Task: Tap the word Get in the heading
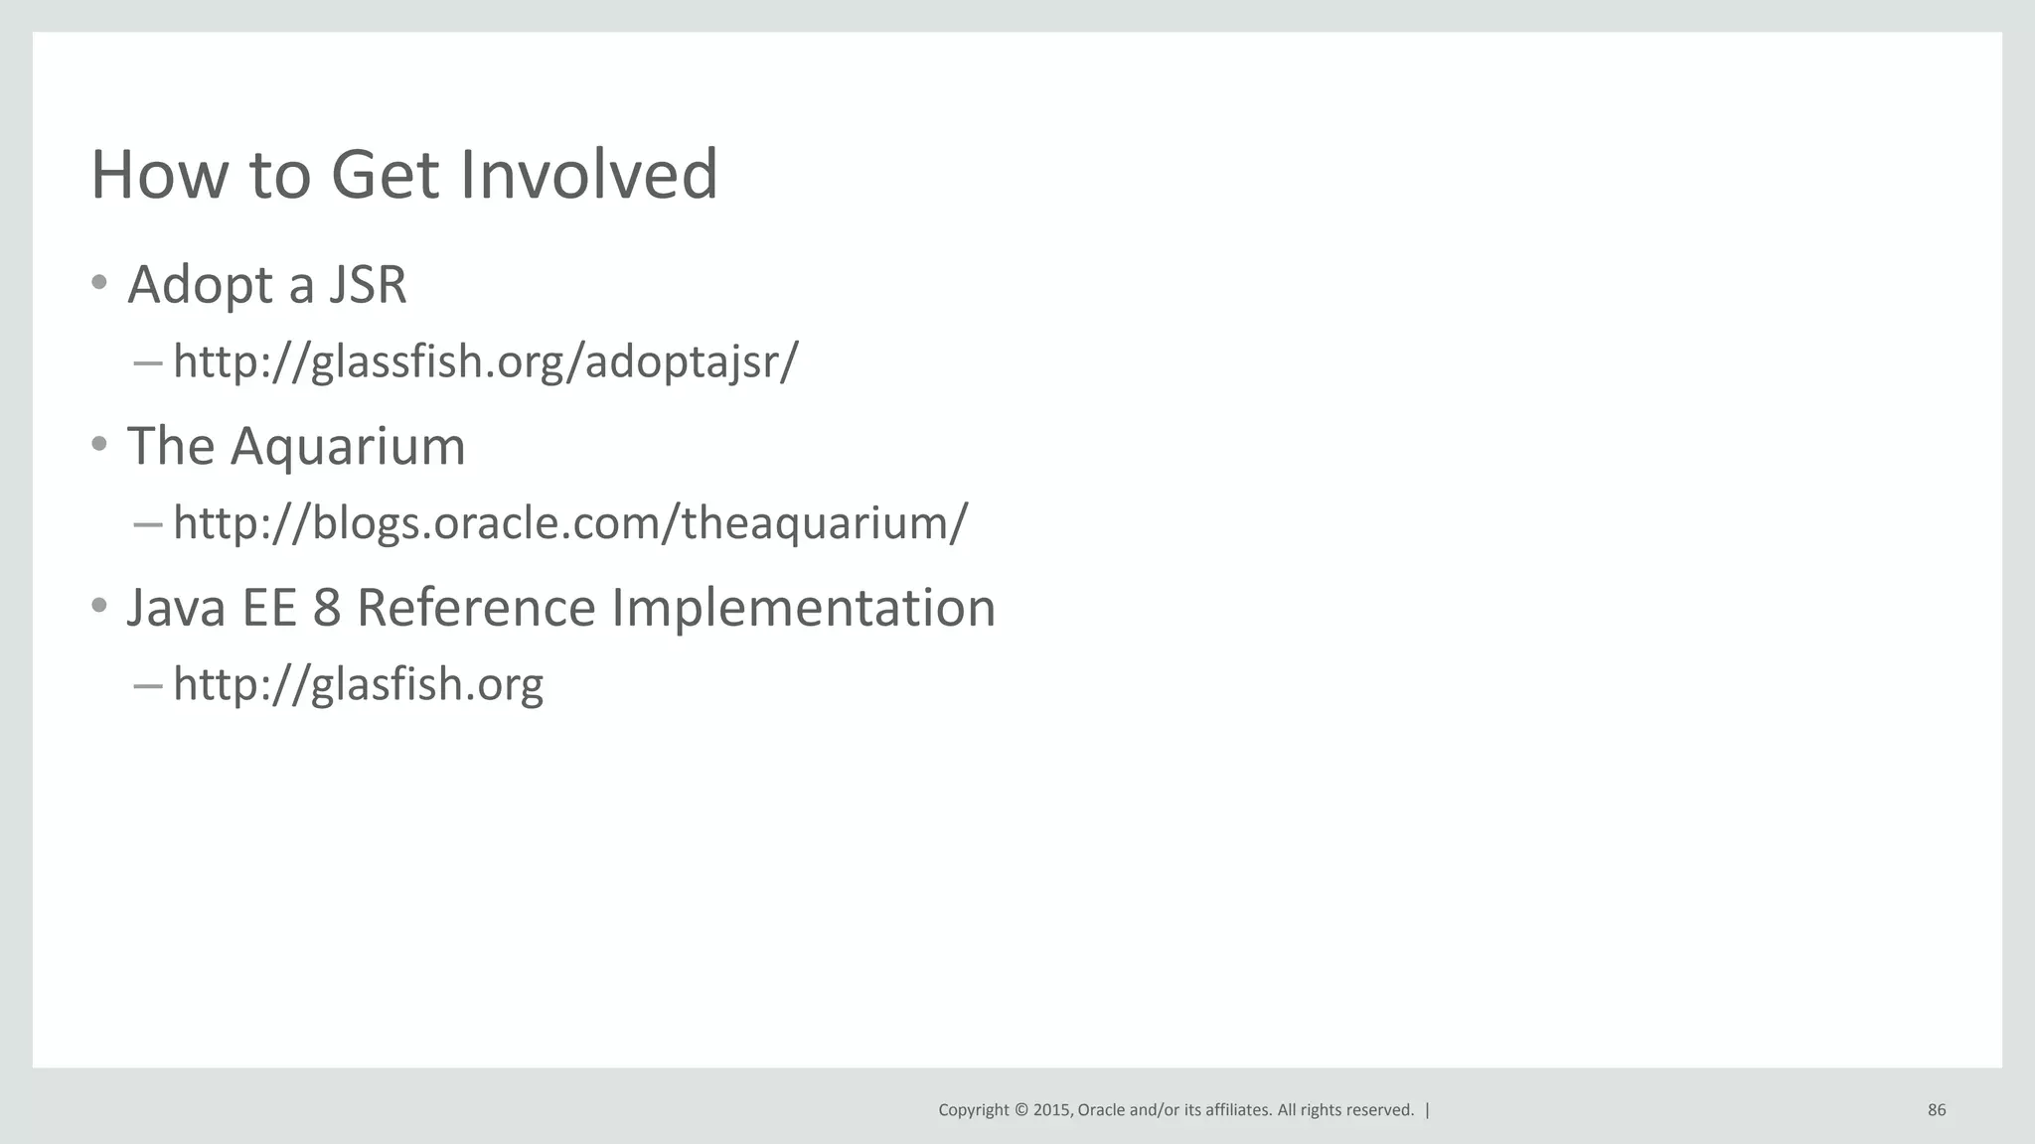[x=385, y=175]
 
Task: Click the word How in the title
[x=160, y=175]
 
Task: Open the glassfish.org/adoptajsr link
[x=485, y=361]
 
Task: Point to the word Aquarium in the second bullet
[x=348, y=447]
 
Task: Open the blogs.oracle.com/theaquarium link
[x=569, y=522]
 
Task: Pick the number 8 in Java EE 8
[x=327, y=608]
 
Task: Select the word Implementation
[x=803, y=608]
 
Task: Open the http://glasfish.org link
[x=358, y=684]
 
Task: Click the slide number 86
[x=1937, y=1110]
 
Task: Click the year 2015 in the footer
[x=1052, y=1110]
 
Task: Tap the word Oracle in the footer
[x=1102, y=1110]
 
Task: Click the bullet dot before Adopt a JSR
[x=98, y=283]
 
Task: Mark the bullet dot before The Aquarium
[x=98, y=444]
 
